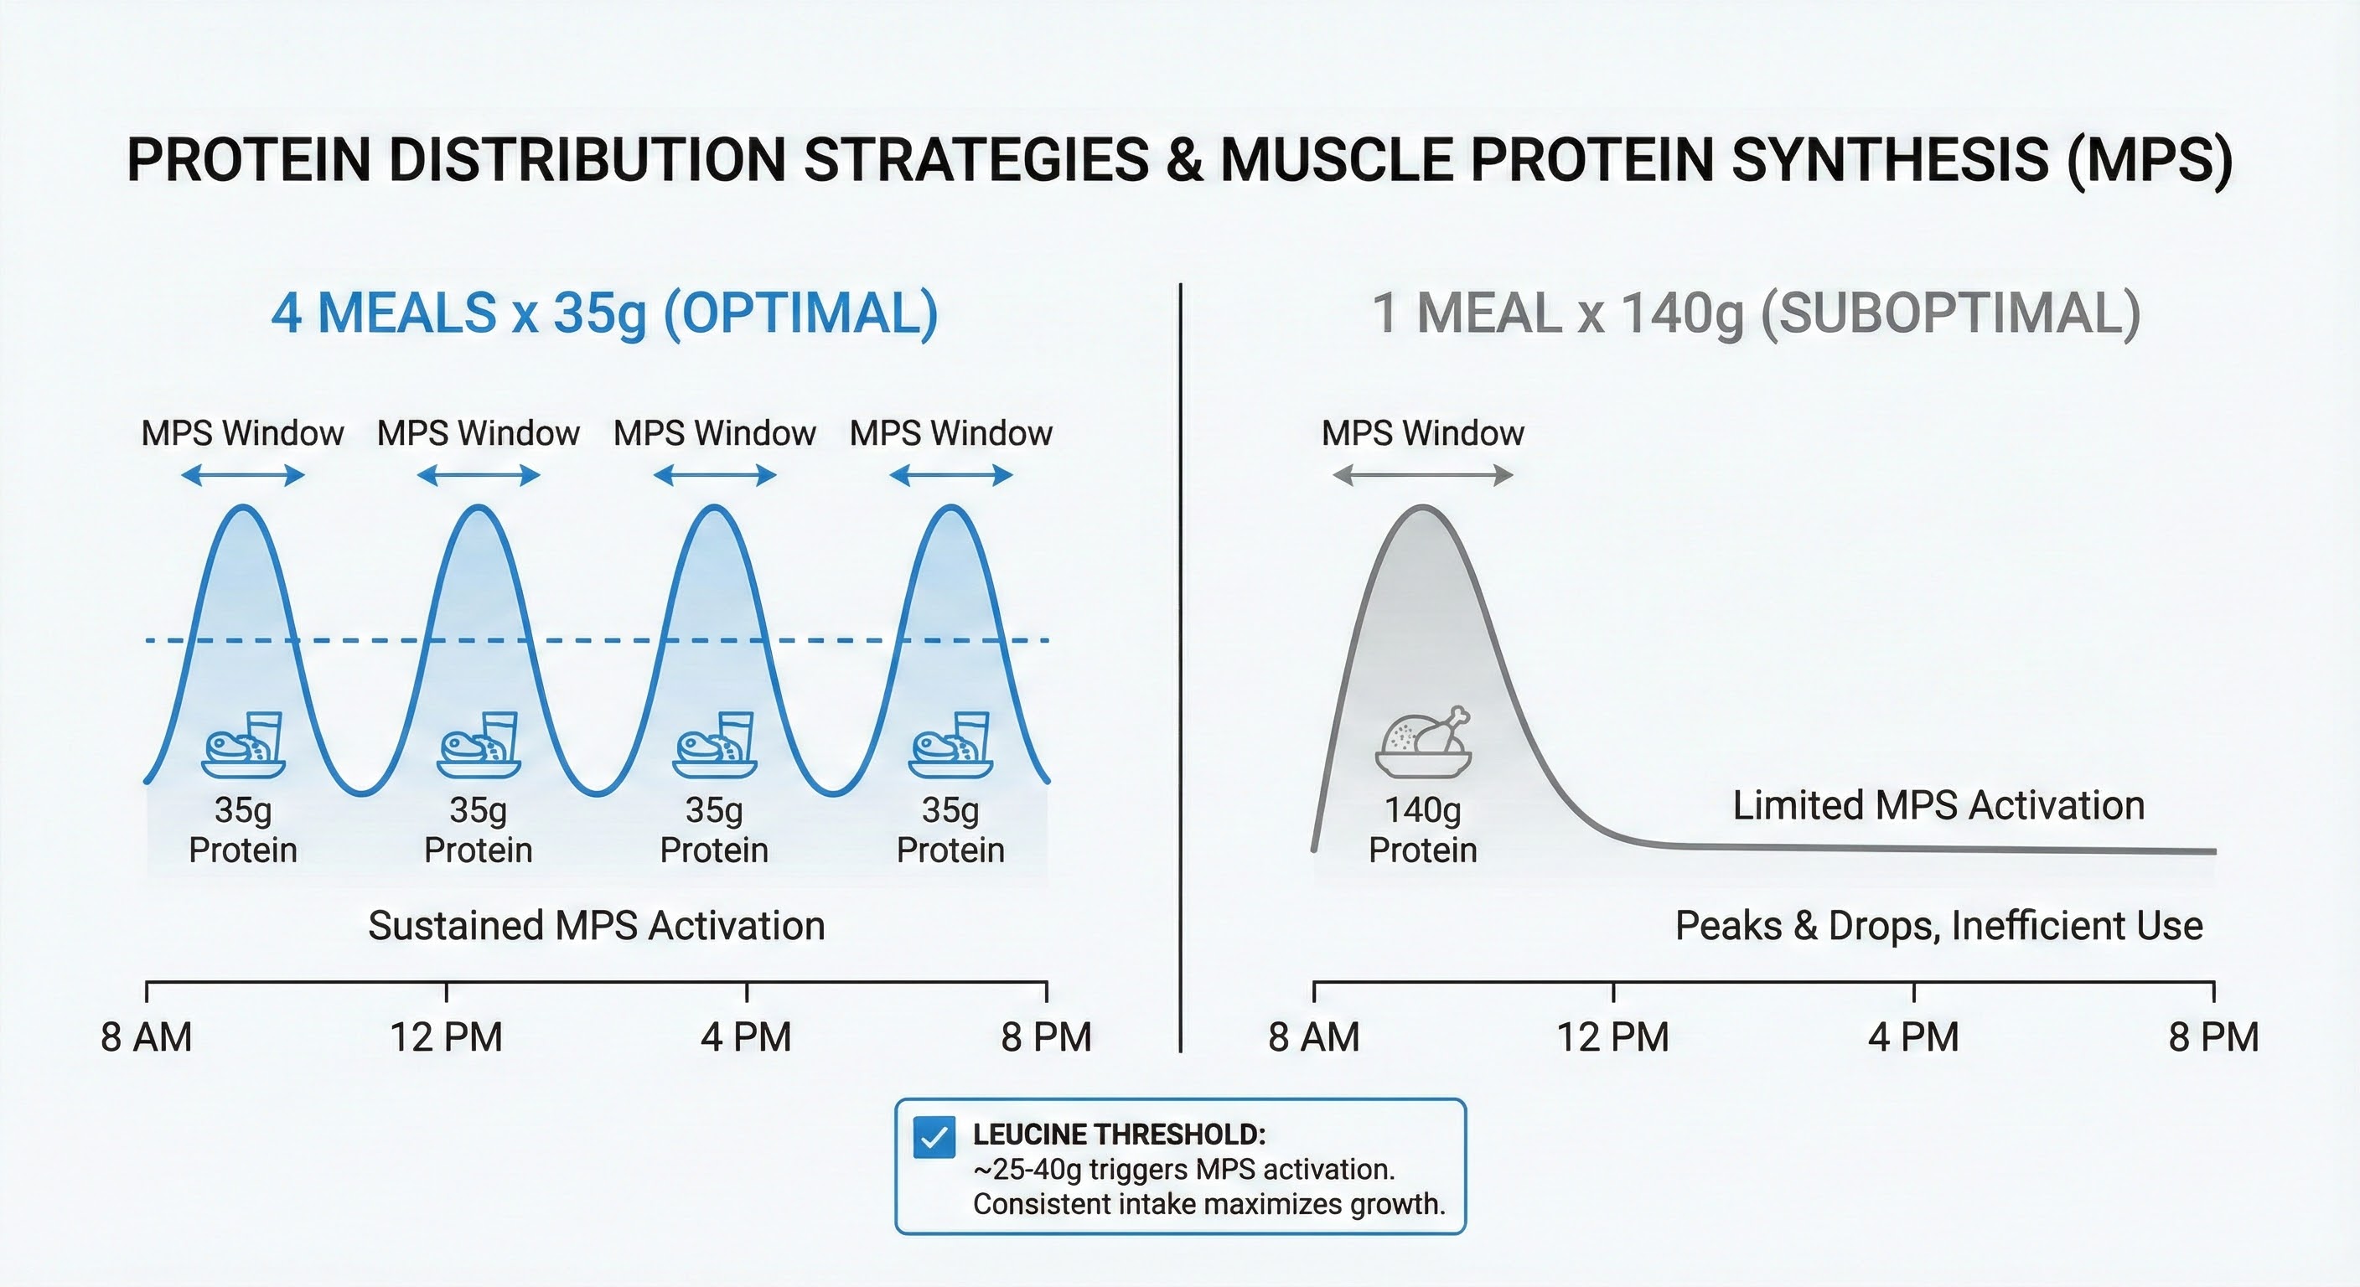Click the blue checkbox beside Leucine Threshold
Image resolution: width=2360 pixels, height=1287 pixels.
[x=934, y=1138]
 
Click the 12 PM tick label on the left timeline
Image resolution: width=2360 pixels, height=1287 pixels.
[x=446, y=1038]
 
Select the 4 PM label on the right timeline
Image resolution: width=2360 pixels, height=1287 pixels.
[x=1913, y=1038]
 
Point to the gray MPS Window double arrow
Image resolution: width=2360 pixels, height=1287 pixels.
[x=1423, y=475]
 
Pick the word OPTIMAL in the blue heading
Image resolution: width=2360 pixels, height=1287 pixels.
[x=802, y=313]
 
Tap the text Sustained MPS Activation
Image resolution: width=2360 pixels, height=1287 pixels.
[x=597, y=926]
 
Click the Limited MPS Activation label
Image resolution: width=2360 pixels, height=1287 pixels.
[x=1938, y=806]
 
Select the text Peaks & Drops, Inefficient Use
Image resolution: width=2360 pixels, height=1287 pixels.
[x=1938, y=926]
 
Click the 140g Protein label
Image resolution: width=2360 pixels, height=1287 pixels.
[x=1423, y=830]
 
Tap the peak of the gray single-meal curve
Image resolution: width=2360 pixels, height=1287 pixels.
[x=1424, y=507]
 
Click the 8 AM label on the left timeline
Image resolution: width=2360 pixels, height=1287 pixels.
[x=147, y=1038]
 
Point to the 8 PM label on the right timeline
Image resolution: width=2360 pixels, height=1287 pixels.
[x=2213, y=1038]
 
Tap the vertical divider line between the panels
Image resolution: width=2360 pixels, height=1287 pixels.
[x=1180, y=669]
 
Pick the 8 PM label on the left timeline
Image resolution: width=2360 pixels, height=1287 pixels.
[x=1046, y=1038]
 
